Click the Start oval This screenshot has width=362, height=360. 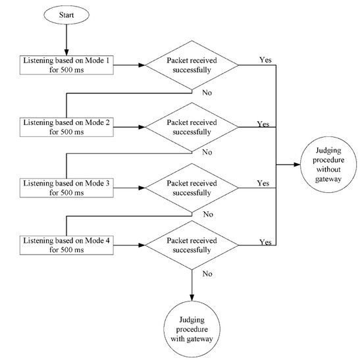(66, 13)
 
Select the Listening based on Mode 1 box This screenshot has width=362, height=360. (66, 64)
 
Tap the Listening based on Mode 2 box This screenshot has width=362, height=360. (66, 127)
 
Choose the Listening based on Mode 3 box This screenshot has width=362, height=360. (66, 186)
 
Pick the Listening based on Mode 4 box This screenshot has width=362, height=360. (66, 245)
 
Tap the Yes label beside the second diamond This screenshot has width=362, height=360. (263, 123)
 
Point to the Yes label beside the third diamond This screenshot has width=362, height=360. (263, 182)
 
